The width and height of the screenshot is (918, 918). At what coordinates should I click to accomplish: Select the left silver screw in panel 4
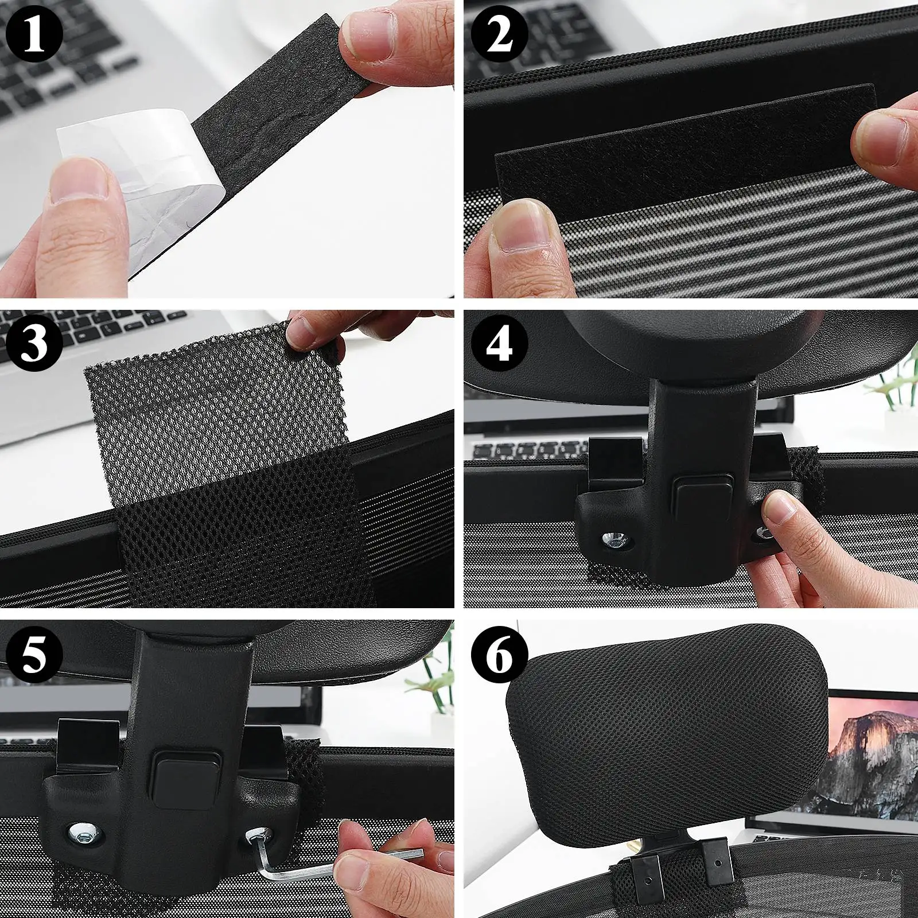pyautogui.click(x=616, y=539)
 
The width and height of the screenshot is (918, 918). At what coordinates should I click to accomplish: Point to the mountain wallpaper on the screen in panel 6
pyautogui.click(x=872, y=752)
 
